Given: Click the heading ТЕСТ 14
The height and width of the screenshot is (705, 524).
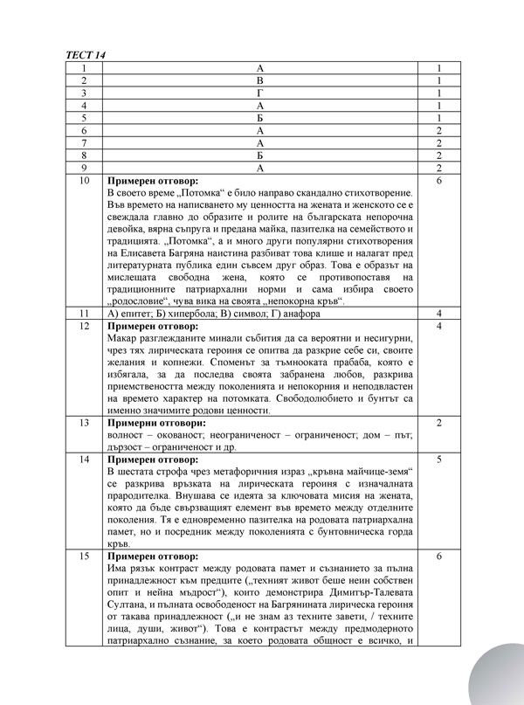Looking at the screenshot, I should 85,55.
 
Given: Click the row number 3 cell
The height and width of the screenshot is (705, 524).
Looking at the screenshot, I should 83,92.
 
